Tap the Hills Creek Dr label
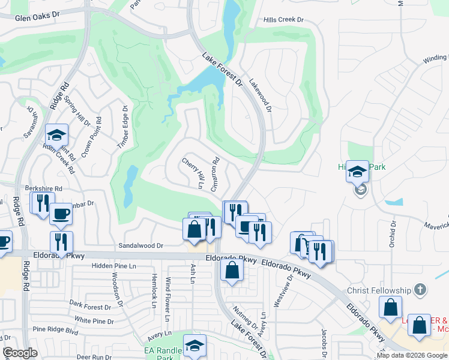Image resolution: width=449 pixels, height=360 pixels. coord(284,20)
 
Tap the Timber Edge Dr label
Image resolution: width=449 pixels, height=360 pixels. coord(123,127)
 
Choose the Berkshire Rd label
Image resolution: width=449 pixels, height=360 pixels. coord(43,188)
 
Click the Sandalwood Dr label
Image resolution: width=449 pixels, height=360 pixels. coord(141,245)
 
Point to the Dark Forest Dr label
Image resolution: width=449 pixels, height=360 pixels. coord(91,305)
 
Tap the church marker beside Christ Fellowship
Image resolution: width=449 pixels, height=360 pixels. coord(420,290)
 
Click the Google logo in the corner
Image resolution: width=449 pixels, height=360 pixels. coord(20,353)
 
